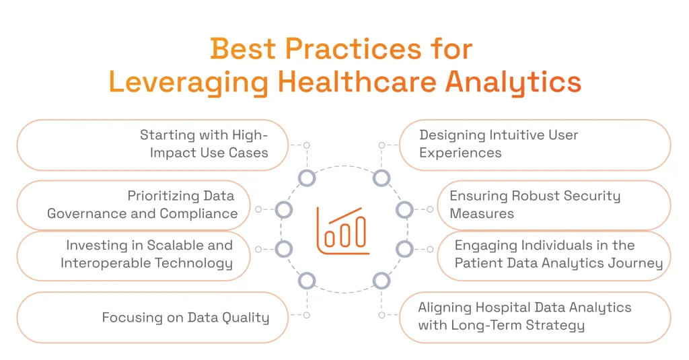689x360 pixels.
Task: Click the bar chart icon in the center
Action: [344, 230]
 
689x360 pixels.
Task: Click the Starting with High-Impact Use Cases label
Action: [204, 144]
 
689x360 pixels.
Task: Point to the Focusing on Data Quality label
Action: [185, 318]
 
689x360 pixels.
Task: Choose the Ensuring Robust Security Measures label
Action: [535, 205]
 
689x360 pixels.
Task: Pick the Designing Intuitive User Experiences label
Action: [499, 144]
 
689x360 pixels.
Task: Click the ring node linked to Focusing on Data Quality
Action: [307, 281]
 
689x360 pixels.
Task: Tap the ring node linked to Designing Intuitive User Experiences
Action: [382, 178]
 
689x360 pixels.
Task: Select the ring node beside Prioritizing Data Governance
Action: [284, 210]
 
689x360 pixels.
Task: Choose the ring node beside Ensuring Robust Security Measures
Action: [404, 210]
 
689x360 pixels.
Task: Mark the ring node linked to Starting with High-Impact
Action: [307, 178]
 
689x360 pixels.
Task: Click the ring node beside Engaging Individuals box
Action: [404, 249]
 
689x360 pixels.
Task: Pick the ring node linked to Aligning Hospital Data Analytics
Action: [382, 281]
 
